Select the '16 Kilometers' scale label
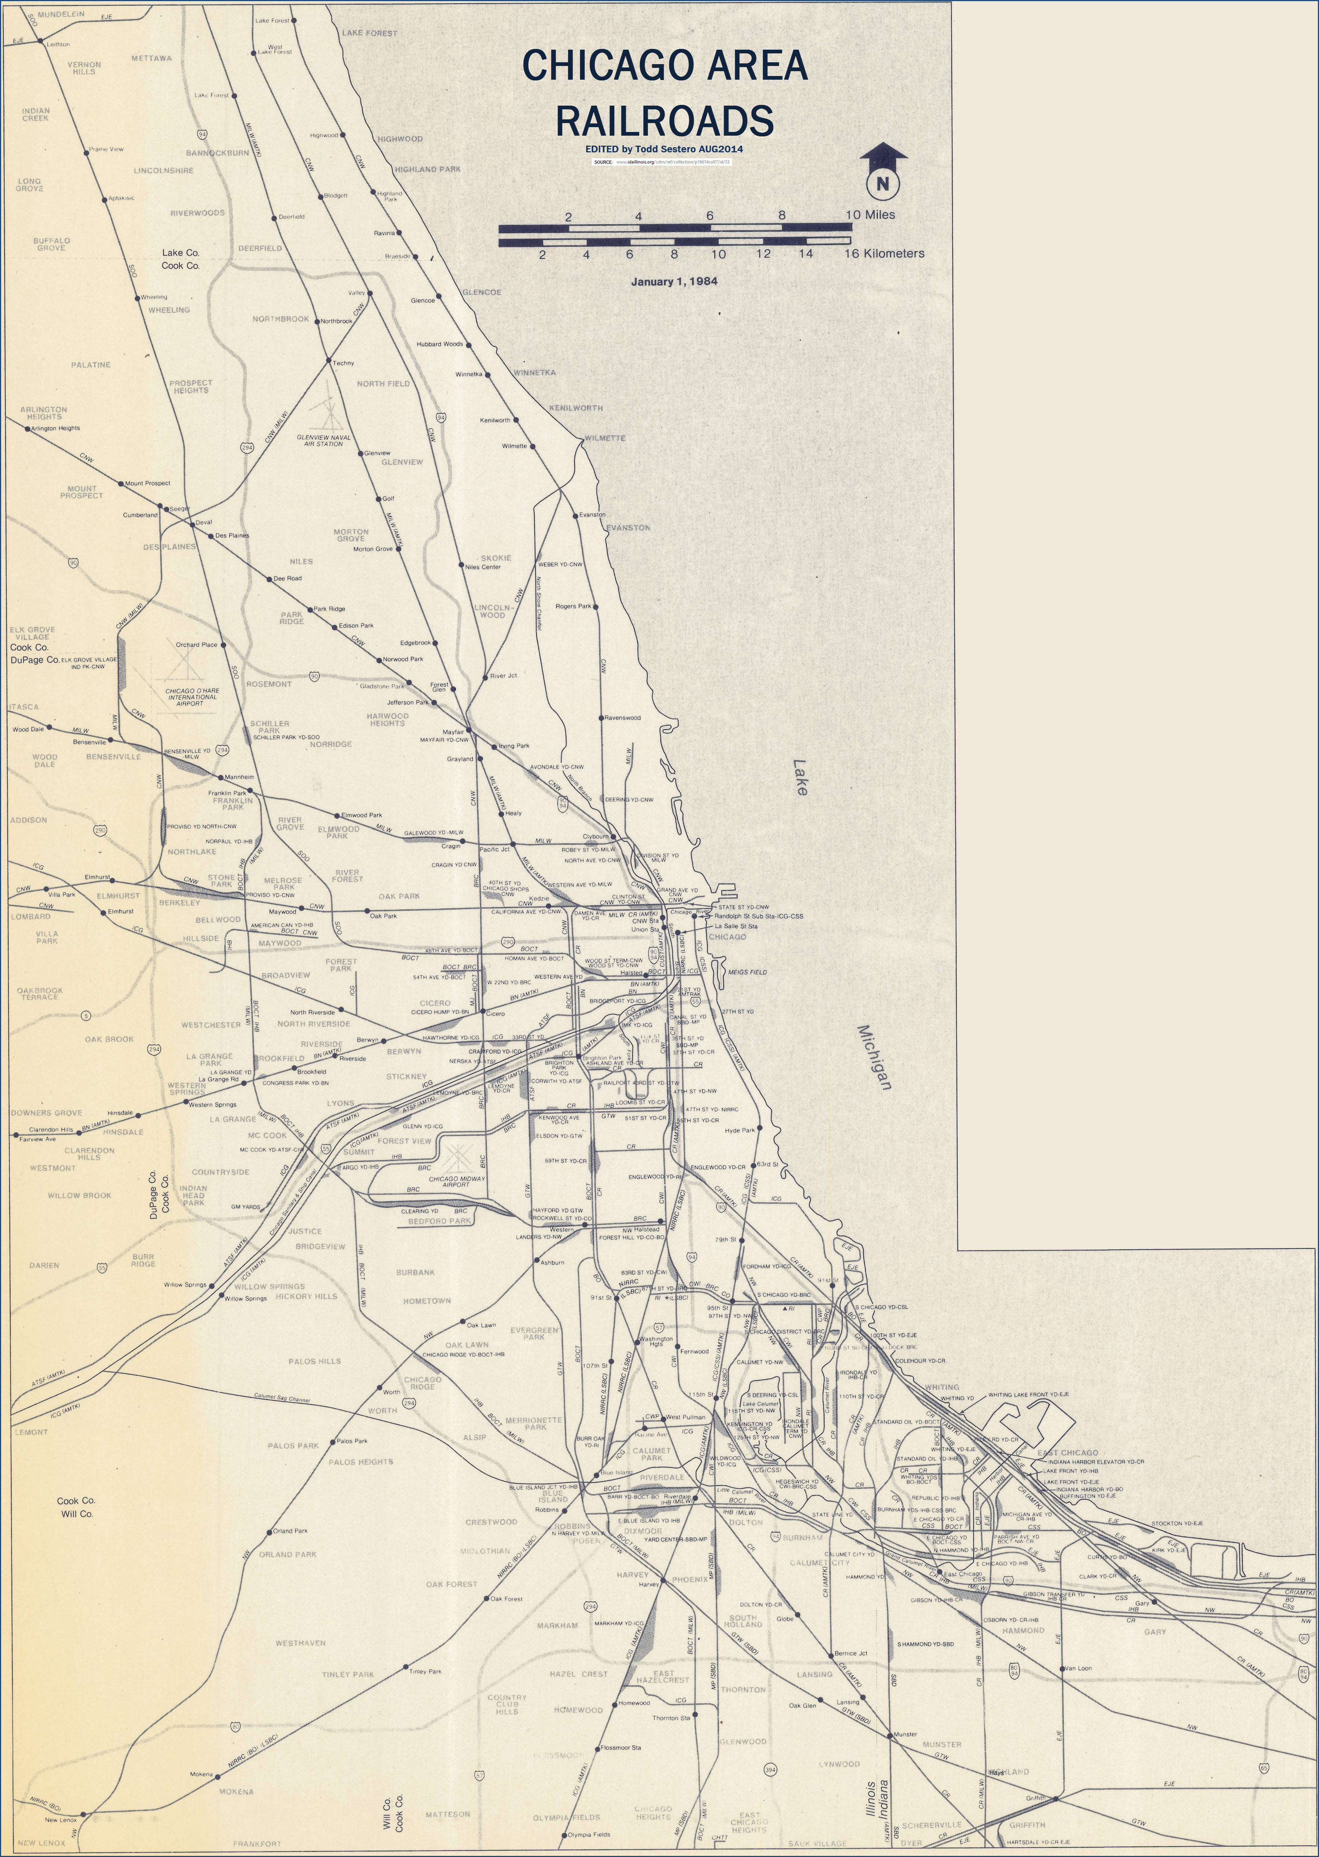885,253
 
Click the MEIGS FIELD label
747,972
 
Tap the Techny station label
344,363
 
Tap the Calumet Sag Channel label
282,1399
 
